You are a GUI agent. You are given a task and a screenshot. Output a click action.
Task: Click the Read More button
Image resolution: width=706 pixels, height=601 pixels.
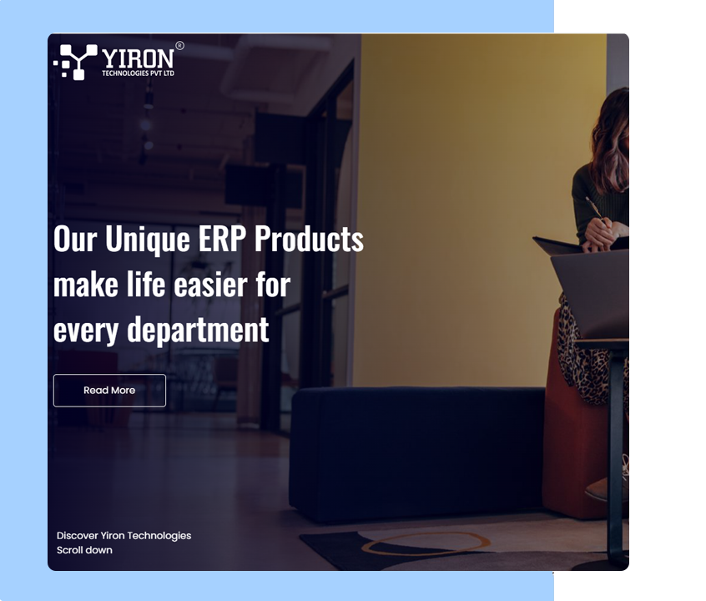pyautogui.click(x=109, y=390)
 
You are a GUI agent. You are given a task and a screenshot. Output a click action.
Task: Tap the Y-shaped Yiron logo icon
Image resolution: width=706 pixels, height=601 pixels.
pyautogui.click(x=76, y=62)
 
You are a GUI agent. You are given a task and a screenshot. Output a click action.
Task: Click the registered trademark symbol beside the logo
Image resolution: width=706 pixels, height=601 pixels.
pyautogui.click(x=179, y=46)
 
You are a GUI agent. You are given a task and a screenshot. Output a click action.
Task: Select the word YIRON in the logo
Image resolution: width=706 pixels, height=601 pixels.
pyautogui.click(x=138, y=58)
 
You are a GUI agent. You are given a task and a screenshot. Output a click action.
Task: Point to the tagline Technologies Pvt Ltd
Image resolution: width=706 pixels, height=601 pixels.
pyautogui.click(x=138, y=73)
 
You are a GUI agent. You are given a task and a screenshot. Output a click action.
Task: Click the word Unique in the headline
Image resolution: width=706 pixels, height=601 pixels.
pyautogui.click(x=147, y=240)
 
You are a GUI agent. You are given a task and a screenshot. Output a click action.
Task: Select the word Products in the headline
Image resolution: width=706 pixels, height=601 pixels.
pyautogui.click(x=309, y=239)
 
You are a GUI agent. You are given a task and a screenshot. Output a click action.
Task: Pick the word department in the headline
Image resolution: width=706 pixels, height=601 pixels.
pyautogui.click(x=198, y=331)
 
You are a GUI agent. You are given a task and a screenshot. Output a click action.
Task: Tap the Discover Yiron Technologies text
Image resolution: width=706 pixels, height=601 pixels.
pyautogui.click(x=124, y=536)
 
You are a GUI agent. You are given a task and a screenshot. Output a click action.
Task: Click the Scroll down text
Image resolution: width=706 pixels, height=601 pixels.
pyautogui.click(x=84, y=550)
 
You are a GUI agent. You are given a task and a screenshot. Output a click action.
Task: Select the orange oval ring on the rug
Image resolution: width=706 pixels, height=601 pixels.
pyautogui.click(x=426, y=543)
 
